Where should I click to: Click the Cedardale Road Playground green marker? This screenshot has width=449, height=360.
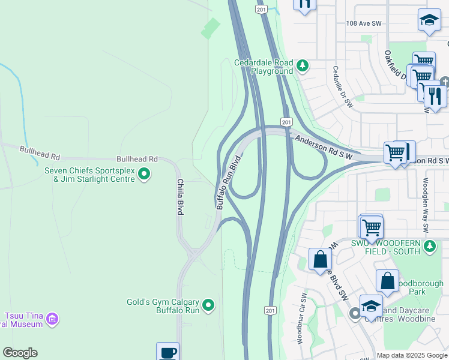303,65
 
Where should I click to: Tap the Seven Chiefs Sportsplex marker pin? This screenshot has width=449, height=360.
144,174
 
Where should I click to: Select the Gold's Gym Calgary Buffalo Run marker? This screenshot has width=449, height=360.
208,305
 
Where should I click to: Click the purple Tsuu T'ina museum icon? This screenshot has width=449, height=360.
52,318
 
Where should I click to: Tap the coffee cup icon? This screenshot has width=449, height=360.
167,352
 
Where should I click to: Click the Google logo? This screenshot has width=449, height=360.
20,353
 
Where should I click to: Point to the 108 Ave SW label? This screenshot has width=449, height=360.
364,23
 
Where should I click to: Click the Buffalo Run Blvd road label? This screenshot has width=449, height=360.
229,182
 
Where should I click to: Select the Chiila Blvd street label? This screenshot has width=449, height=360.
179,197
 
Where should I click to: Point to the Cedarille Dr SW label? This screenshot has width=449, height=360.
343,87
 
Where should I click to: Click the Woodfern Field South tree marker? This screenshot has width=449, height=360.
430,246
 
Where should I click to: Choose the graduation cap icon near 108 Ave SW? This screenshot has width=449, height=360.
429,21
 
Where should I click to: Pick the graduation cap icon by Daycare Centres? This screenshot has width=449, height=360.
371,305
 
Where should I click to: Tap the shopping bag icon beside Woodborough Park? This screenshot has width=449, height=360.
388,281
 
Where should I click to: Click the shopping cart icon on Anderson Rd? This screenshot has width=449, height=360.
396,153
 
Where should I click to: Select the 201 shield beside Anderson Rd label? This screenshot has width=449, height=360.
286,122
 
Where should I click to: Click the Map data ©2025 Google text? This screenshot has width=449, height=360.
412,355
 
